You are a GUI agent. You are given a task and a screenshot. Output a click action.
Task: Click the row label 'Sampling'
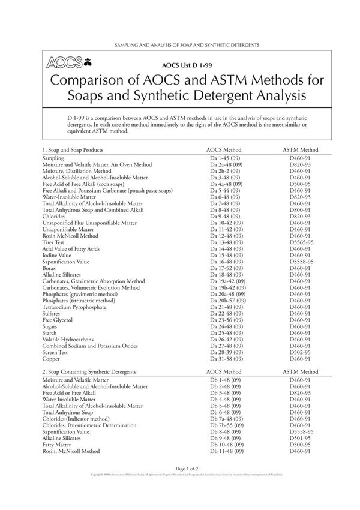(53, 158)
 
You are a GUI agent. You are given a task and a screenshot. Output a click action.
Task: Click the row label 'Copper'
(51, 359)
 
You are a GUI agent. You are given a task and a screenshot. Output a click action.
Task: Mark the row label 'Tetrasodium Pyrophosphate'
(74, 307)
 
